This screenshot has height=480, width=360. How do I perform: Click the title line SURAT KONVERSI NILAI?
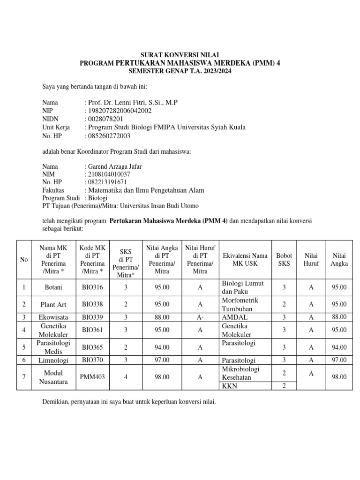pos(180,55)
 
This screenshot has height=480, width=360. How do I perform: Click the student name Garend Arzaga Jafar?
pos(115,166)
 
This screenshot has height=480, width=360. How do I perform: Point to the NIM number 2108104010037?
pos(109,174)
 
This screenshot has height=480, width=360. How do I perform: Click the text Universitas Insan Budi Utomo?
pos(159,206)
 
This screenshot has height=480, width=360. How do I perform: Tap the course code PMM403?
pos(92,376)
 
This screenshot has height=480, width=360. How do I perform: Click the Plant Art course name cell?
pos(53,304)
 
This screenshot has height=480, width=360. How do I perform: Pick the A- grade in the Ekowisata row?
pos(200,317)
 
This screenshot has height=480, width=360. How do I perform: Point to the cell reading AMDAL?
pos(232,317)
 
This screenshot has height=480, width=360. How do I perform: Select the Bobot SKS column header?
pos(284,259)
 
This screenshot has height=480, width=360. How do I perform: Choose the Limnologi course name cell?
pos(53,360)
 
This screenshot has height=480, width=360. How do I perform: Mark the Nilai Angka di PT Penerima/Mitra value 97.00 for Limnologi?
pos(162,360)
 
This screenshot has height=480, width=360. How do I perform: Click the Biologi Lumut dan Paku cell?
pos(243,287)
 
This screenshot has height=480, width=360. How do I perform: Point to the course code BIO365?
pos(92,347)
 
